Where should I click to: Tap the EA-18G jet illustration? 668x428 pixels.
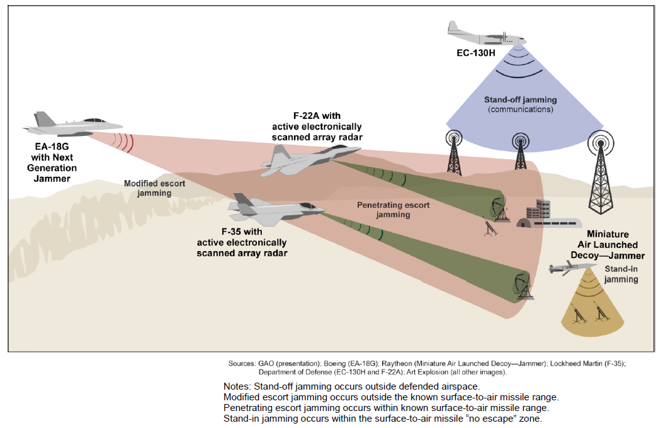72,125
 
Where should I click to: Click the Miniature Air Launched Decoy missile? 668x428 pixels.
571,268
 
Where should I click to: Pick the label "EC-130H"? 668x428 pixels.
476,53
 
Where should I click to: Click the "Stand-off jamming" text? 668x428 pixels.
520,99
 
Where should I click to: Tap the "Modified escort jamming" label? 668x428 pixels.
154,188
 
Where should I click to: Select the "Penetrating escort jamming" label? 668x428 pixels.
393,210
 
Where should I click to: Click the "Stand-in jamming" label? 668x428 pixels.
621,274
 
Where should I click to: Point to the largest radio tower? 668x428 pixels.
601,172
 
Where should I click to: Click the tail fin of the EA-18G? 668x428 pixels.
44,119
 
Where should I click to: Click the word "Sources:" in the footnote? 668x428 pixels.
242,364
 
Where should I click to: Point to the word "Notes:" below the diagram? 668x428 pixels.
237,386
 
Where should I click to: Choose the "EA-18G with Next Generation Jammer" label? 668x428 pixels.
52,162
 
